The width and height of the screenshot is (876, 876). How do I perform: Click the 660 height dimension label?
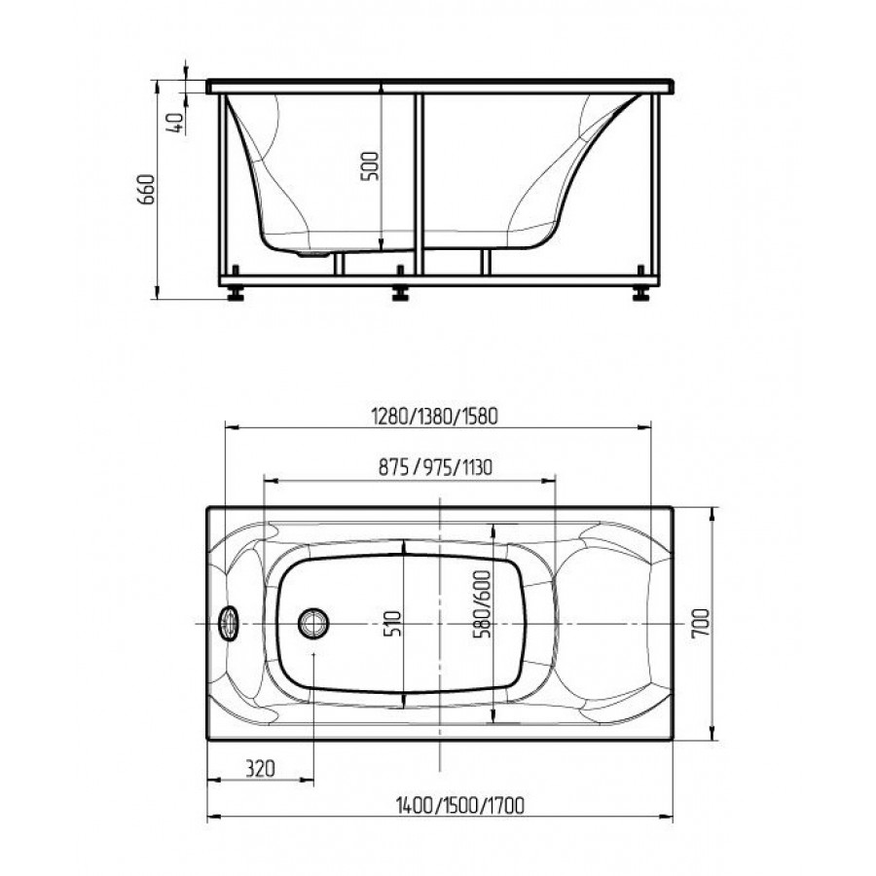pyautogui.click(x=146, y=189)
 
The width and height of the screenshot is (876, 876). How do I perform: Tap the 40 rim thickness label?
pyautogui.click(x=176, y=123)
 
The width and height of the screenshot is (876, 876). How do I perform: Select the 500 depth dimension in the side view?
pyautogui.click(x=371, y=165)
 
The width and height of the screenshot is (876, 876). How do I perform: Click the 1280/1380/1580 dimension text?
pyautogui.click(x=434, y=417)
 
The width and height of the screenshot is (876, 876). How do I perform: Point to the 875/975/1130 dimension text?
pyautogui.click(x=435, y=466)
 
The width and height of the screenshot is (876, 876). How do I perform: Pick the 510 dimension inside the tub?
pyautogui.click(x=393, y=623)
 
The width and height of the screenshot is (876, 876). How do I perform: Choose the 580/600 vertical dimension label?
pyautogui.click(x=481, y=603)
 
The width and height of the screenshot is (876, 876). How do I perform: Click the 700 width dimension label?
pyautogui.click(x=700, y=623)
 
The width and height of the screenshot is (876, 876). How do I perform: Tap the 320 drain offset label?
pyautogui.click(x=260, y=769)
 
